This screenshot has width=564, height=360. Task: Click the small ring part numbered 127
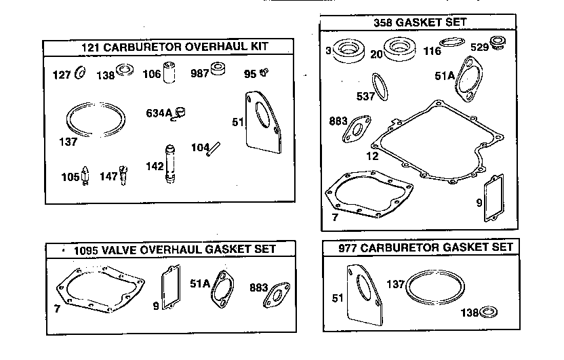(x=80, y=74)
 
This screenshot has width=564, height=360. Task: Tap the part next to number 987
(x=219, y=71)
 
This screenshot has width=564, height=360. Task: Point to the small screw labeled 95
(x=266, y=73)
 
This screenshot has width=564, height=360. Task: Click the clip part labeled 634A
(x=179, y=113)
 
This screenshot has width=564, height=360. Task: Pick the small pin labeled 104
(x=215, y=147)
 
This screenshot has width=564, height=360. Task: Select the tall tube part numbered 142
(x=169, y=165)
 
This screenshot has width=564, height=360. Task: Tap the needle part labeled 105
(x=86, y=174)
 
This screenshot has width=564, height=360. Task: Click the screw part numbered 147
(x=123, y=174)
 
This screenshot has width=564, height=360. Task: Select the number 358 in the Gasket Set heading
(x=384, y=22)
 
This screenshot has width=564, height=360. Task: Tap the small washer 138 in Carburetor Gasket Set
(x=488, y=312)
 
